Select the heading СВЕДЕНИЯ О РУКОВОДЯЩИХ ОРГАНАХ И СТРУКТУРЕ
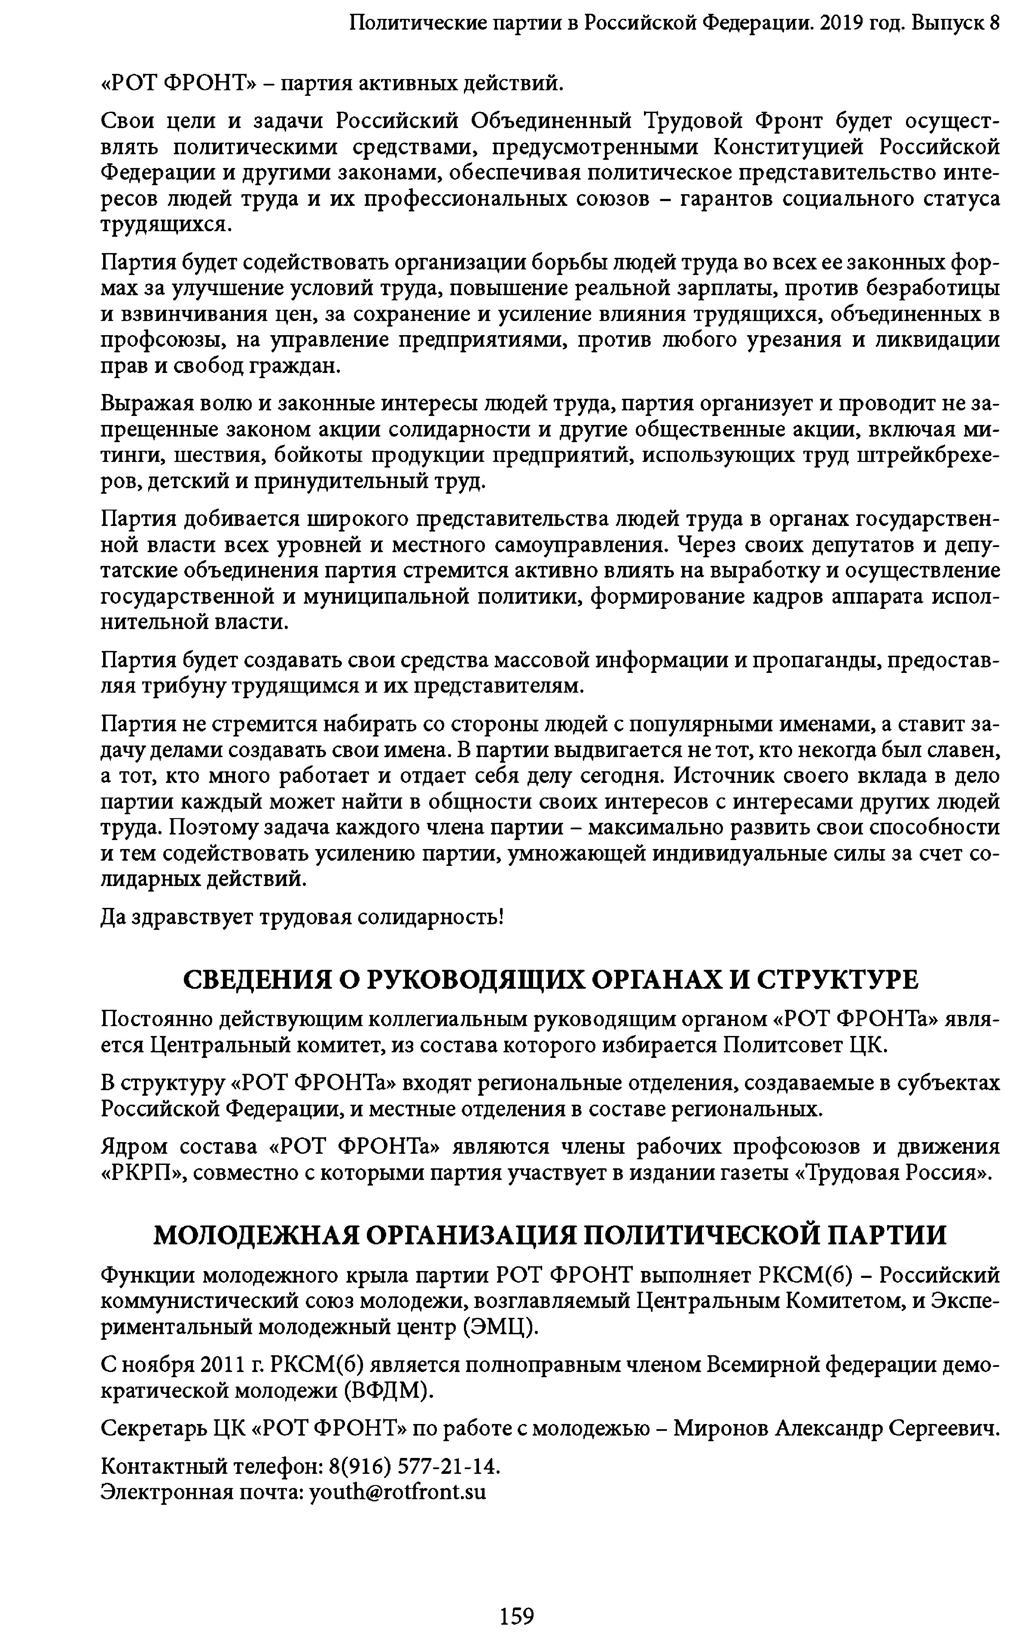pos(551,980)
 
